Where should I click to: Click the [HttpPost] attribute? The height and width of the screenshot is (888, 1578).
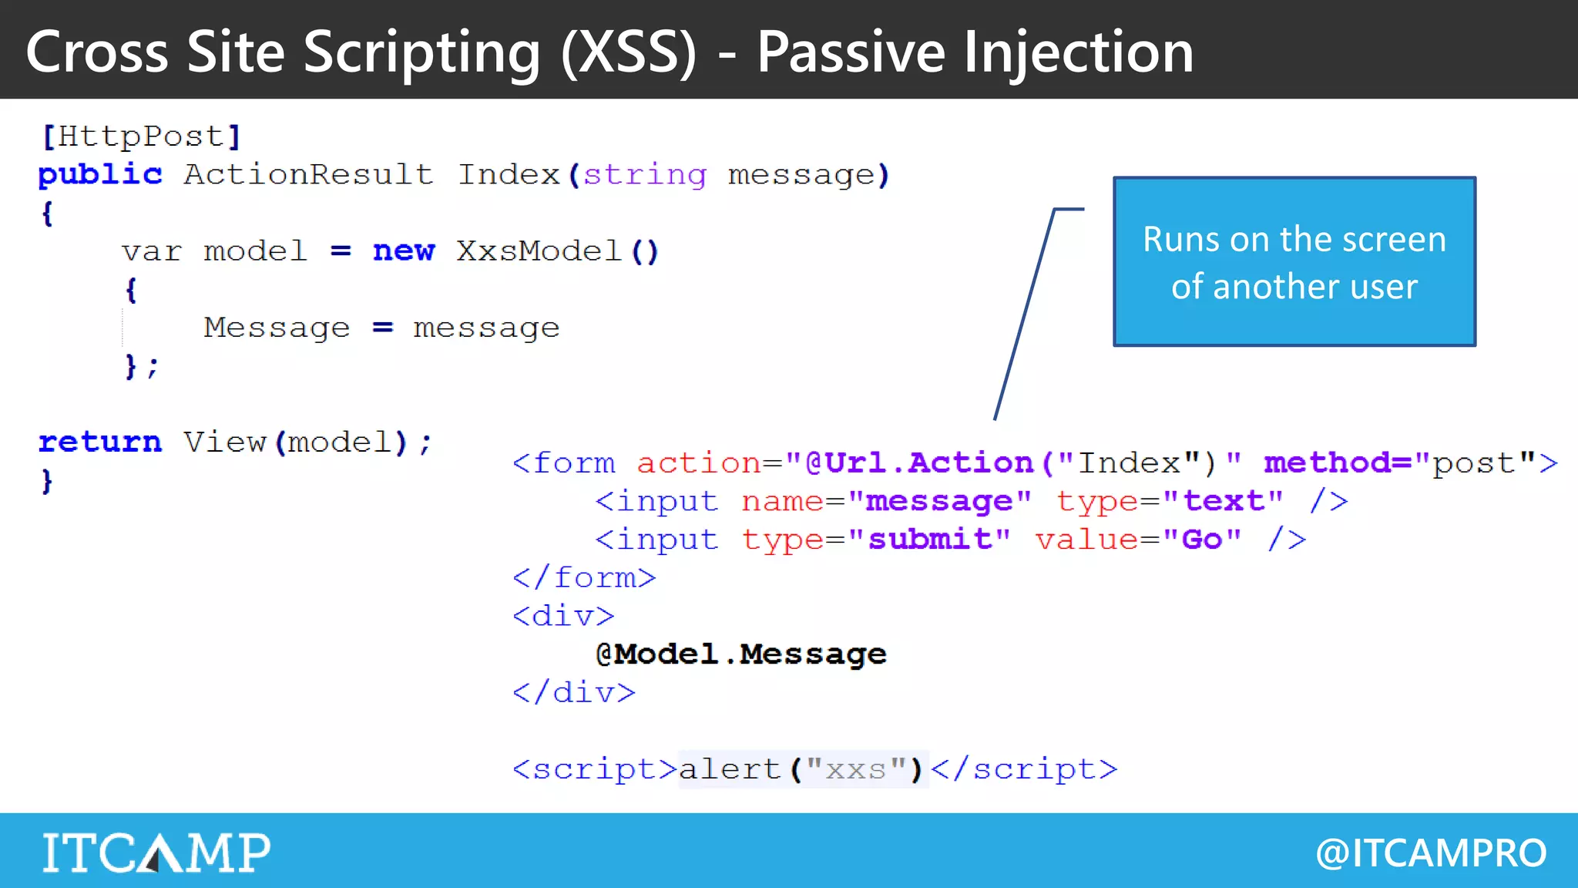(141, 136)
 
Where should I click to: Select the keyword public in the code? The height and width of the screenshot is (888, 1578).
(100, 175)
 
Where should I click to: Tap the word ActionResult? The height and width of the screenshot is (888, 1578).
(308, 175)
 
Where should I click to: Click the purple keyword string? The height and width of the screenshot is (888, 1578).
(645, 175)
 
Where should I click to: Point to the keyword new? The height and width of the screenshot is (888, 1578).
(404, 251)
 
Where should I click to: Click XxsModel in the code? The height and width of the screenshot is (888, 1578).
(538, 251)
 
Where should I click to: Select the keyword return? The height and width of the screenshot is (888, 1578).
(100, 442)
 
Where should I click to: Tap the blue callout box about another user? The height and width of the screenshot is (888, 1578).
(1294, 262)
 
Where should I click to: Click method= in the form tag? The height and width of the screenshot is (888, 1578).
(1338, 462)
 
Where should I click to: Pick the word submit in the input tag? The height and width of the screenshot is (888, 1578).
(930, 539)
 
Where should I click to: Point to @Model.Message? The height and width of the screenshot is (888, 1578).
(741, 654)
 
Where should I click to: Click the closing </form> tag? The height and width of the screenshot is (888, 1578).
(584, 577)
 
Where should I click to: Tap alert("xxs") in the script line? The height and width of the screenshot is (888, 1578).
(801, 769)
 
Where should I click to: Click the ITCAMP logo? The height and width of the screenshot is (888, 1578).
(156, 852)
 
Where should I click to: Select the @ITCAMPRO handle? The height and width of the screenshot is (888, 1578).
(1431, 853)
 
